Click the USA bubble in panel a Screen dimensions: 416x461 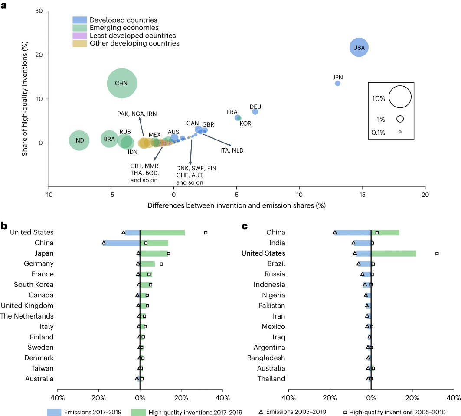point(359,47)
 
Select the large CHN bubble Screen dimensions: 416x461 point(122,83)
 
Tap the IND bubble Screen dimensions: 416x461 point(79,140)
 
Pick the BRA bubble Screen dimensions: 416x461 point(109,139)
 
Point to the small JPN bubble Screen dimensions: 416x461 point(338,84)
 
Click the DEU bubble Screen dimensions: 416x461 point(255,112)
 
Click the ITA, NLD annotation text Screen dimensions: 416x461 point(232,150)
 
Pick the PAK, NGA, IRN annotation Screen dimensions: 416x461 point(137,114)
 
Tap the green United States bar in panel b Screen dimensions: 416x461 point(163,233)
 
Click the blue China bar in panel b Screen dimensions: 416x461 point(122,243)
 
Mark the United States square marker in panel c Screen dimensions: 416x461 point(437,253)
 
